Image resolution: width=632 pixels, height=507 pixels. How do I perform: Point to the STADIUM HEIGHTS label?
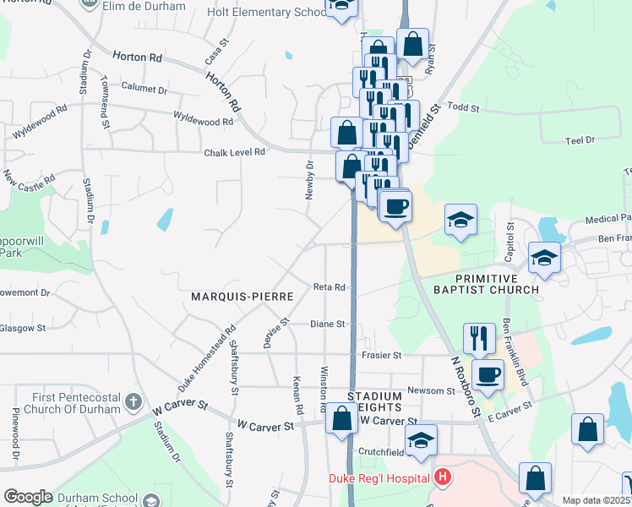pos(375,402)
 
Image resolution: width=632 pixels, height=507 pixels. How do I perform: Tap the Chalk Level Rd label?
pos(235,152)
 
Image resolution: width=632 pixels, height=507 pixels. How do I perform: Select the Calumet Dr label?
pos(144,89)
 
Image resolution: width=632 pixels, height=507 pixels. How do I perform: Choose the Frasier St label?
pos(382,356)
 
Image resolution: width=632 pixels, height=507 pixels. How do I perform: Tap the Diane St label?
pos(327,324)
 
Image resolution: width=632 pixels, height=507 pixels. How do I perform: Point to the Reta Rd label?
pos(330,287)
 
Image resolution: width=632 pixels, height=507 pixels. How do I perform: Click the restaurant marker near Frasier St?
pos(479,338)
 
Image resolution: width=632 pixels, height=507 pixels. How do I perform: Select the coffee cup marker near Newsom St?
pos(487,373)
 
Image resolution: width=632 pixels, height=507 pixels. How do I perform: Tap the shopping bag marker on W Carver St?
pos(342,419)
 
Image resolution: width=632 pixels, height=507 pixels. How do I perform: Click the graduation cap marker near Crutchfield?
pos(421,439)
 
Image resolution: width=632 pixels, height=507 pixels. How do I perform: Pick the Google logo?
pos(28,497)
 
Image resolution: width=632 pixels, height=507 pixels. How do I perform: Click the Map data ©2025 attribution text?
pos(596,500)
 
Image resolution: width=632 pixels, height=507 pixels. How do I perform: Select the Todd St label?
pos(463,108)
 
